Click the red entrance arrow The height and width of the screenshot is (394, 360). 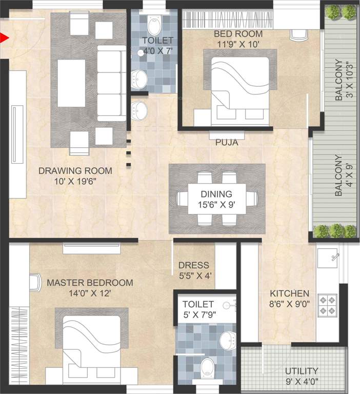(5, 37)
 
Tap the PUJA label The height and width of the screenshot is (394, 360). (226, 143)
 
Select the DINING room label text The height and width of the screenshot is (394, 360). (216, 194)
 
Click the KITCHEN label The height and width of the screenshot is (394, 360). (290, 293)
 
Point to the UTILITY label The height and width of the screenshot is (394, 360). (302, 370)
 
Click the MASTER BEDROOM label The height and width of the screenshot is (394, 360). (90, 283)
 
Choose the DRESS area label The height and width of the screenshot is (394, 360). (194, 265)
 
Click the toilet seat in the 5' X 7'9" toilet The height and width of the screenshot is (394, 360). (208, 367)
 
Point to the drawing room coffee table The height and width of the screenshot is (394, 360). (71, 83)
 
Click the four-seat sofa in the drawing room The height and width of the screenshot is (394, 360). (111, 83)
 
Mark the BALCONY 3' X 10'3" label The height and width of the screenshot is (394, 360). (344, 81)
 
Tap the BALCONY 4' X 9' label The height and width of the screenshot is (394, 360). (344, 176)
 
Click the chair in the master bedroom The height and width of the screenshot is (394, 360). (34, 283)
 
